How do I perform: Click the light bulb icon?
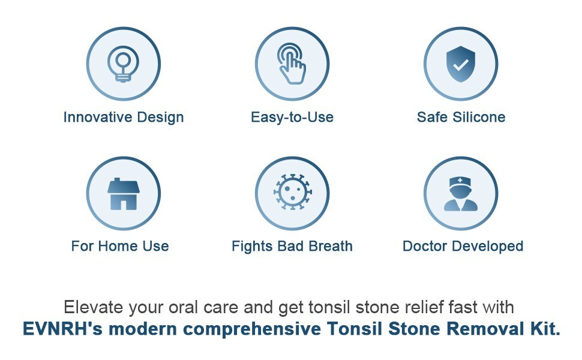[x=123, y=64]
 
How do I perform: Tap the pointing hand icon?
[x=292, y=64]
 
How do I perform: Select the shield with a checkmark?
[x=461, y=64]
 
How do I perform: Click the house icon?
[x=123, y=194]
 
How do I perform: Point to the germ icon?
[x=292, y=192]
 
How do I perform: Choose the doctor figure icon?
[x=461, y=194]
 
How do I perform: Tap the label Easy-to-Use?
[x=292, y=117]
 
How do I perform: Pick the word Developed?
[x=488, y=247]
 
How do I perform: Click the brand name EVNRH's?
[x=62, y=329]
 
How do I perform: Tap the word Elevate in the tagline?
[x=95, y=307]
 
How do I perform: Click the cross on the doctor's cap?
[x=460, y=181]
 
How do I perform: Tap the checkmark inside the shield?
[x=461, y=65]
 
